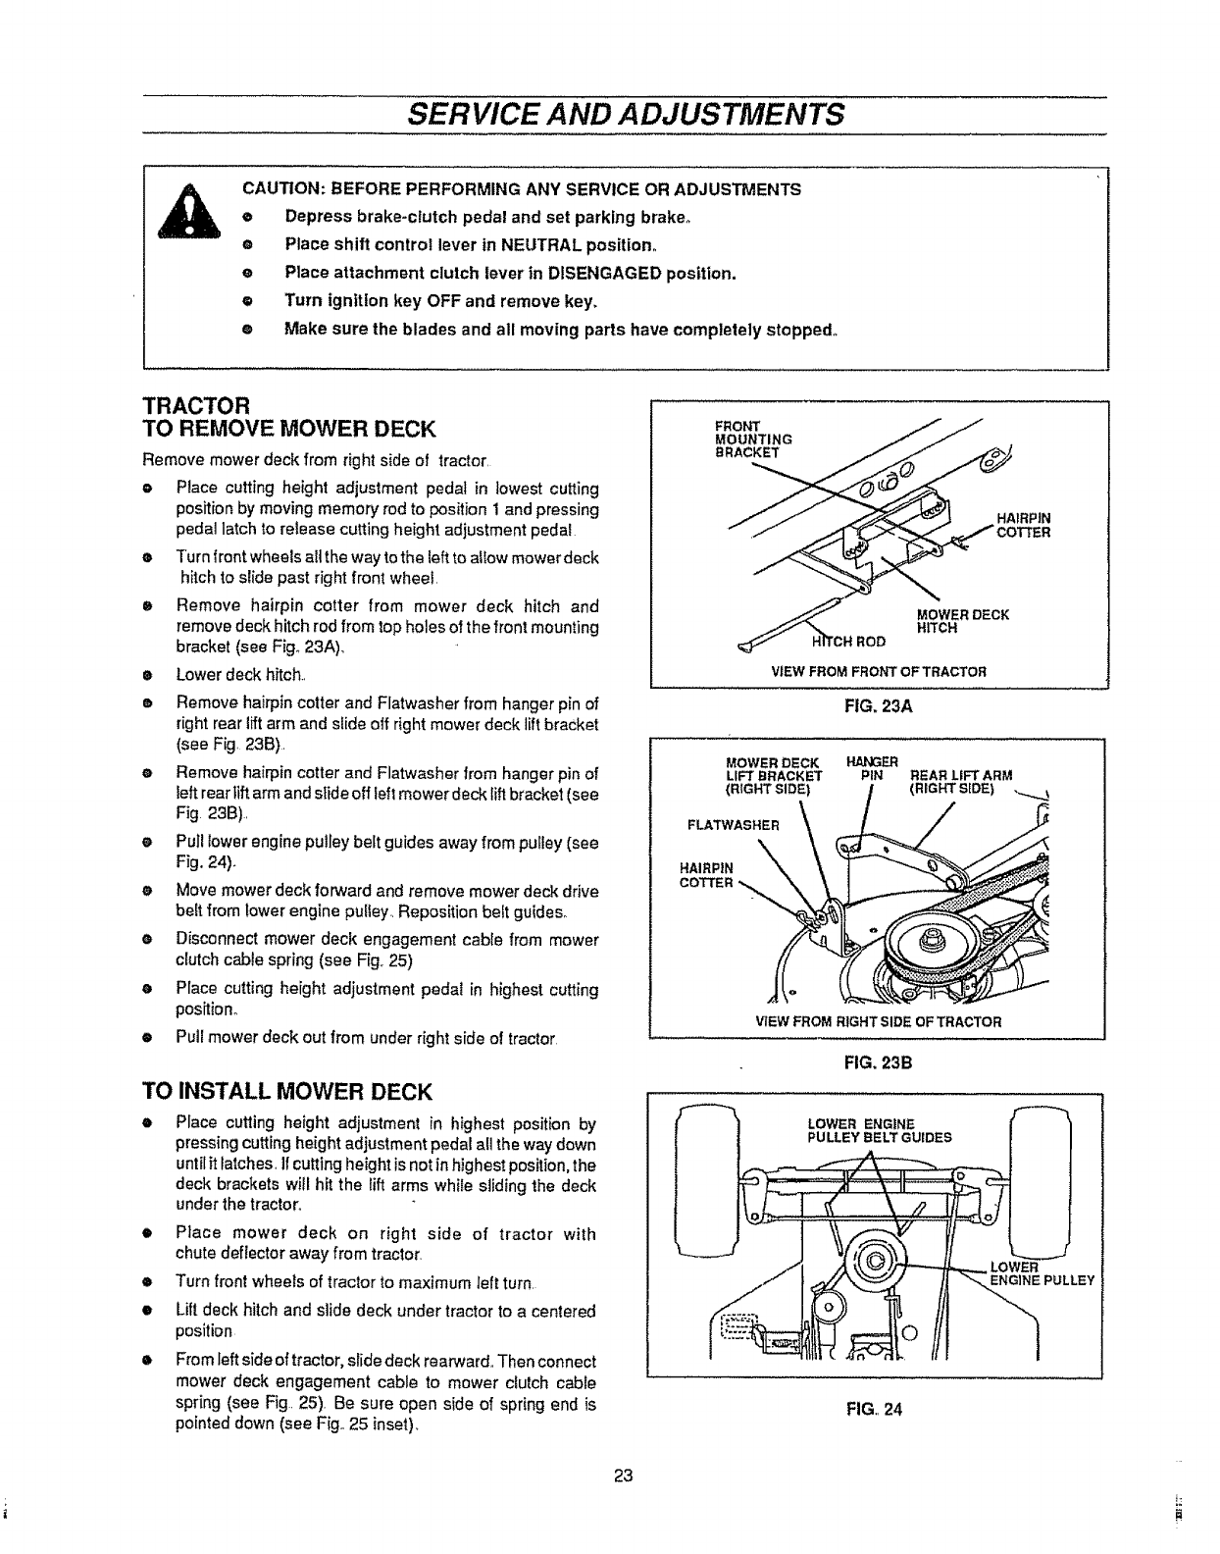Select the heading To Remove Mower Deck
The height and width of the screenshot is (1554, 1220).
(289, 428)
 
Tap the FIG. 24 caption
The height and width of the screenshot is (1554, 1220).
(876, 1410)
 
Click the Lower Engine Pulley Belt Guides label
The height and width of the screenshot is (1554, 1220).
(878, 1130)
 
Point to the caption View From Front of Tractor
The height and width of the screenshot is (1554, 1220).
(878, 671)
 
